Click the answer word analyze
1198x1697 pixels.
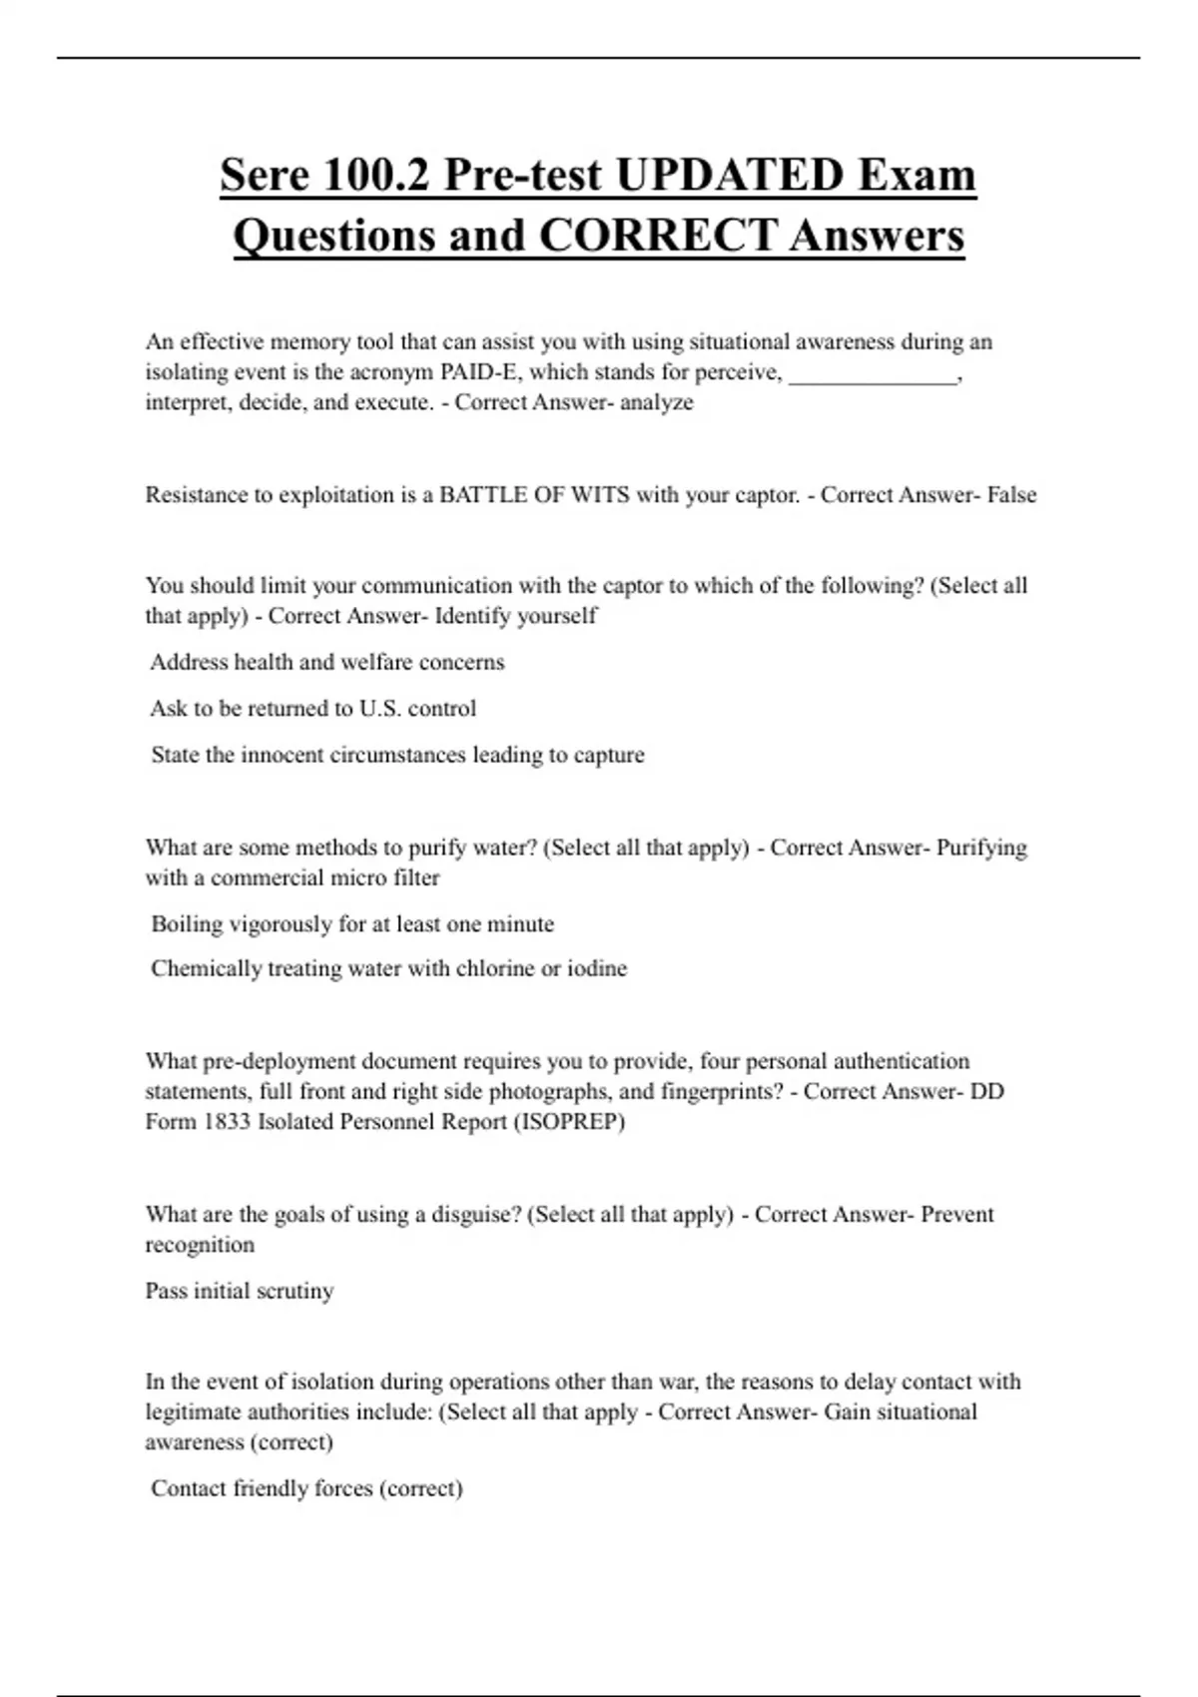(656, 402)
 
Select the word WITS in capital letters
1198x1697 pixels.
(600, 495)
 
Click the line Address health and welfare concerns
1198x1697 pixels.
(327, 662)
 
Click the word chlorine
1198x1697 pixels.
(495, 968)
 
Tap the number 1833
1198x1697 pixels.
(227, 1122)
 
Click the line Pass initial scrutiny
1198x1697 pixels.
(240, 1291)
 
